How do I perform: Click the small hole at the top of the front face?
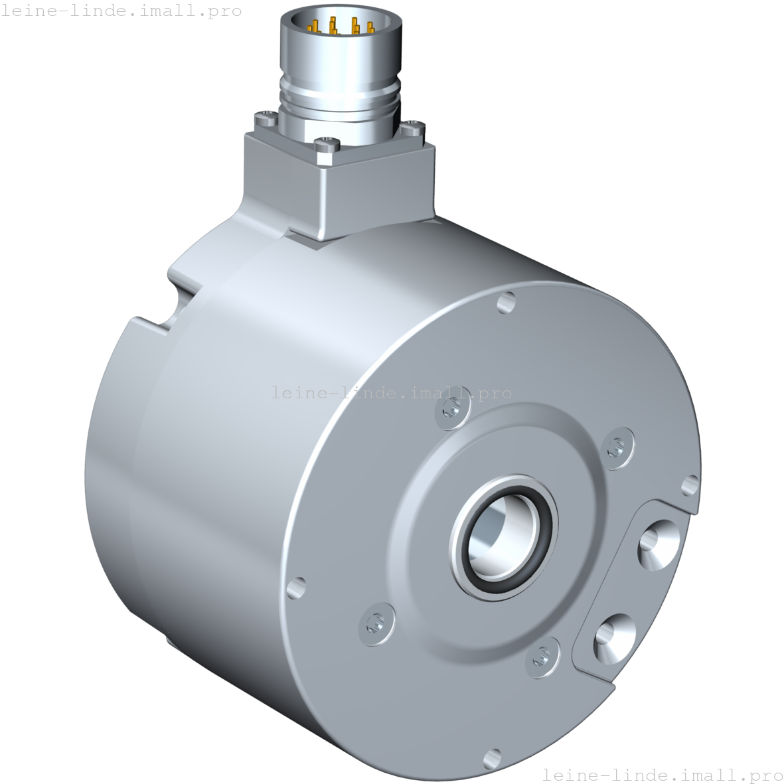(x=507, y=303)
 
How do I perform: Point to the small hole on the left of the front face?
(x=295, y=588)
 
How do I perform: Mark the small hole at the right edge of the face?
(x=690, y=486)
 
